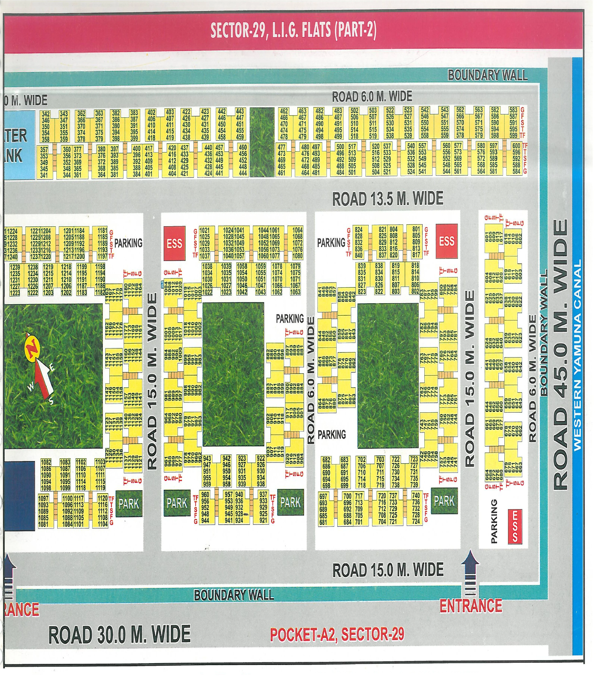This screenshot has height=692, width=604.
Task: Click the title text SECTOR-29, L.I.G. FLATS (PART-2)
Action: click(293, 30)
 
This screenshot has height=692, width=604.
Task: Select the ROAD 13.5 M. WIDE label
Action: click(388, 199)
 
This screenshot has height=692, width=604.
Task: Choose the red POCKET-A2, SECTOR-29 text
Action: click(337, 634)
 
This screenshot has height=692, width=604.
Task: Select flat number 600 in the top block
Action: click(516, 146)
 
